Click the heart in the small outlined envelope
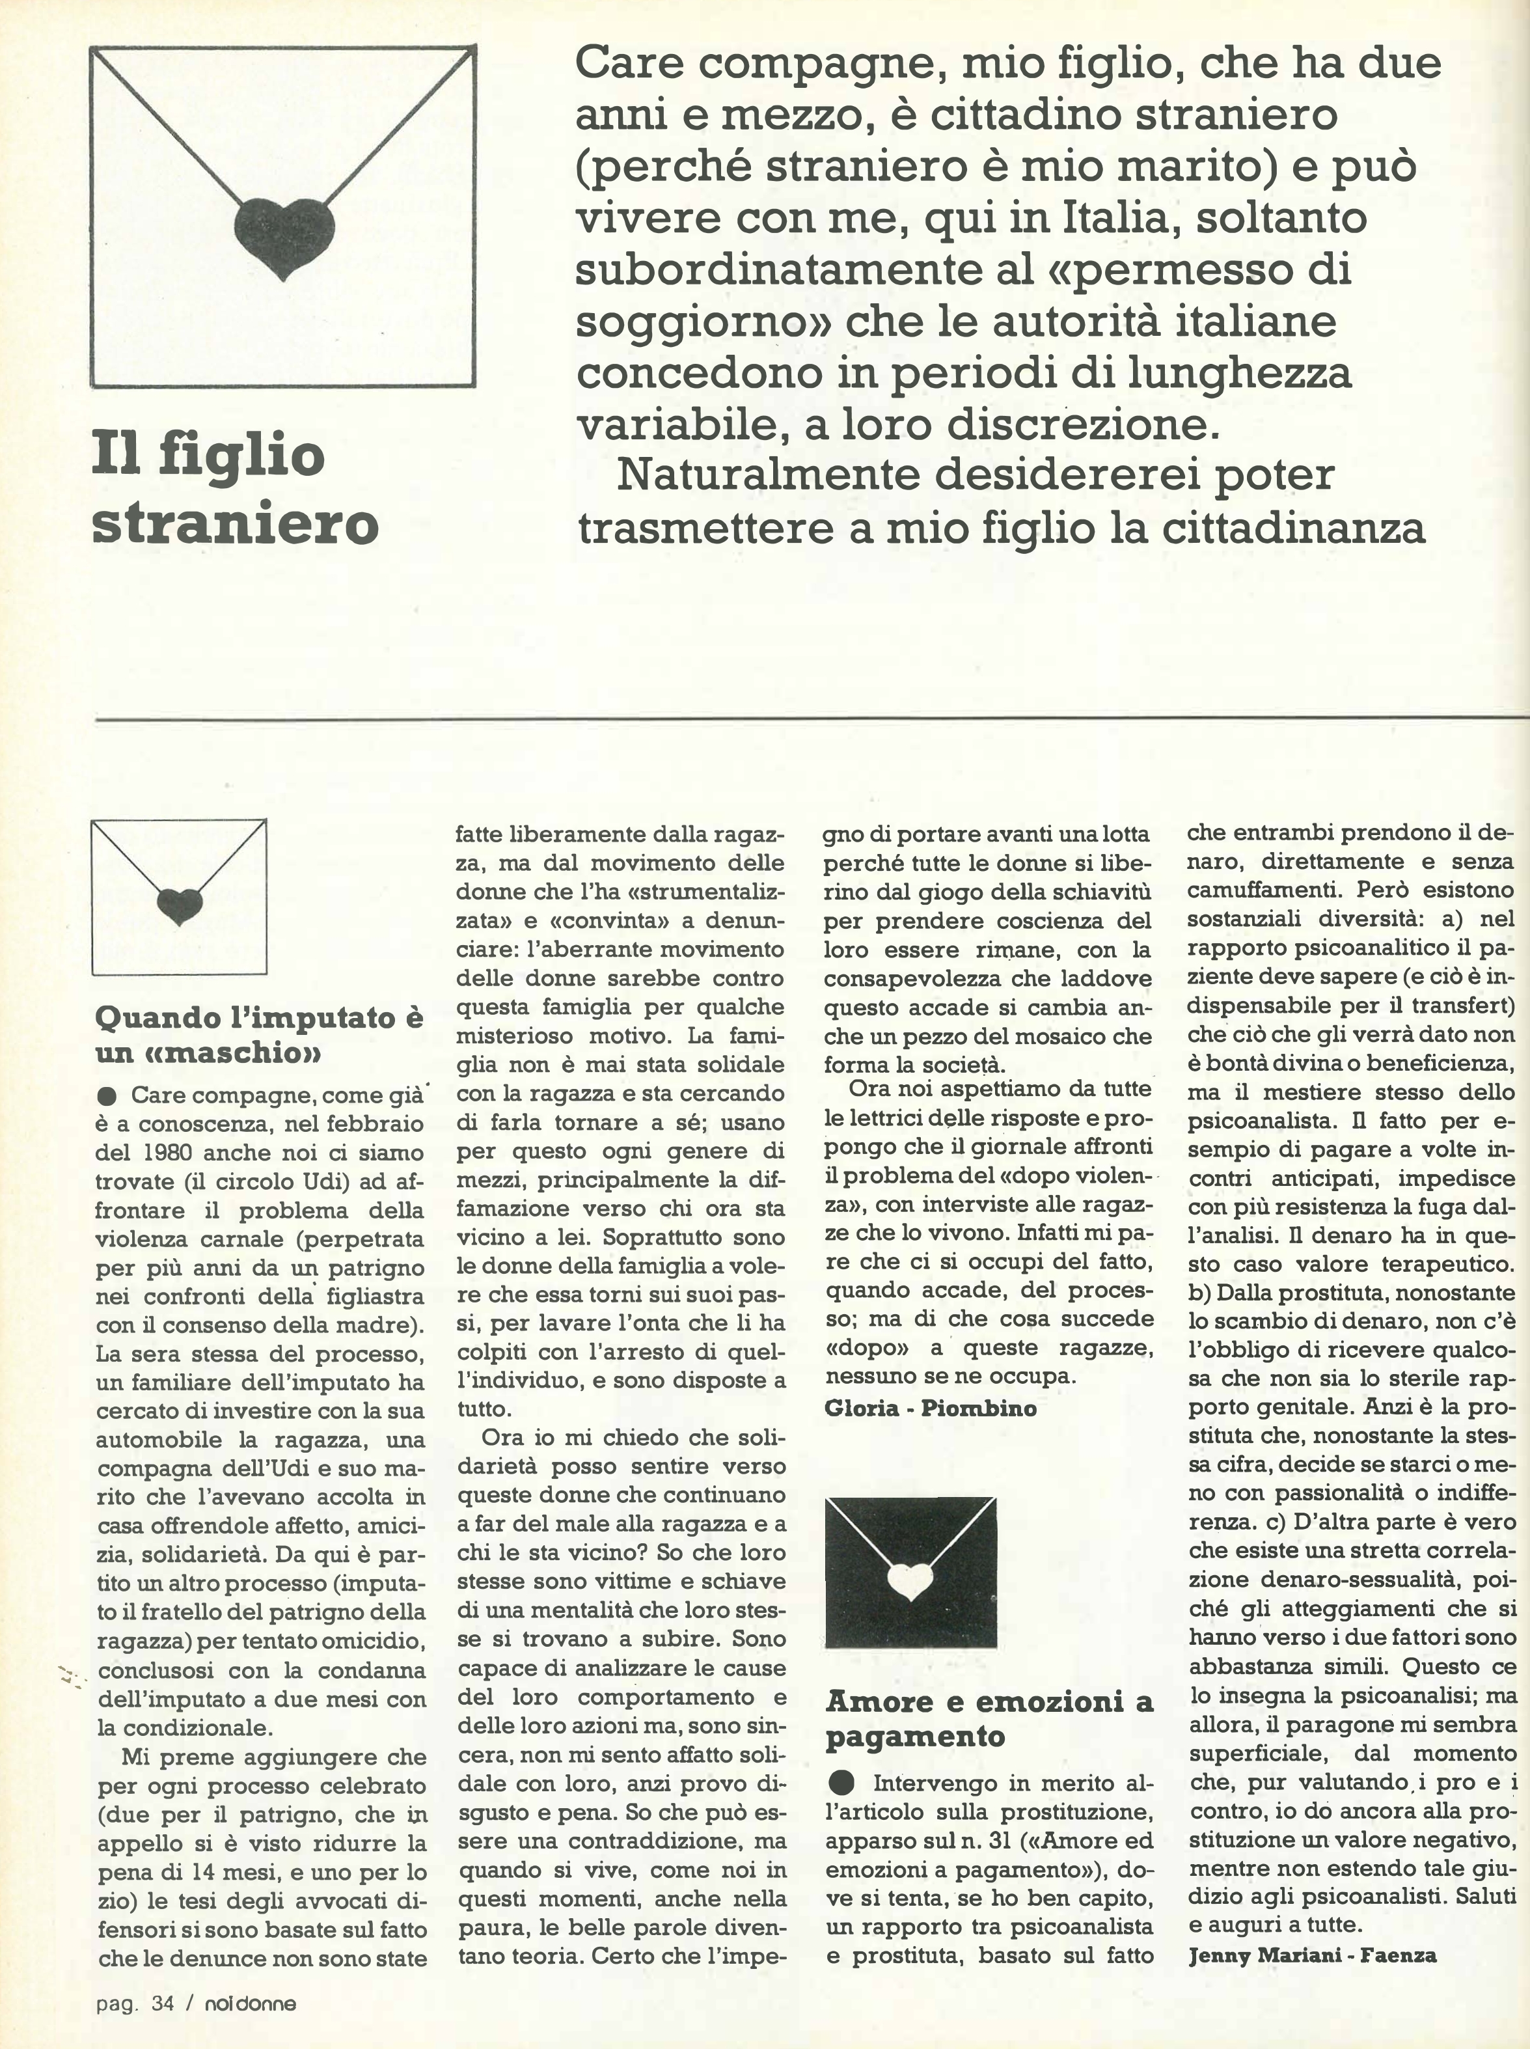(179, 905)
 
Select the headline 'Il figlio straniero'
(235, 488)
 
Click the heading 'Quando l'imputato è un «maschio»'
(258, 1034)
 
